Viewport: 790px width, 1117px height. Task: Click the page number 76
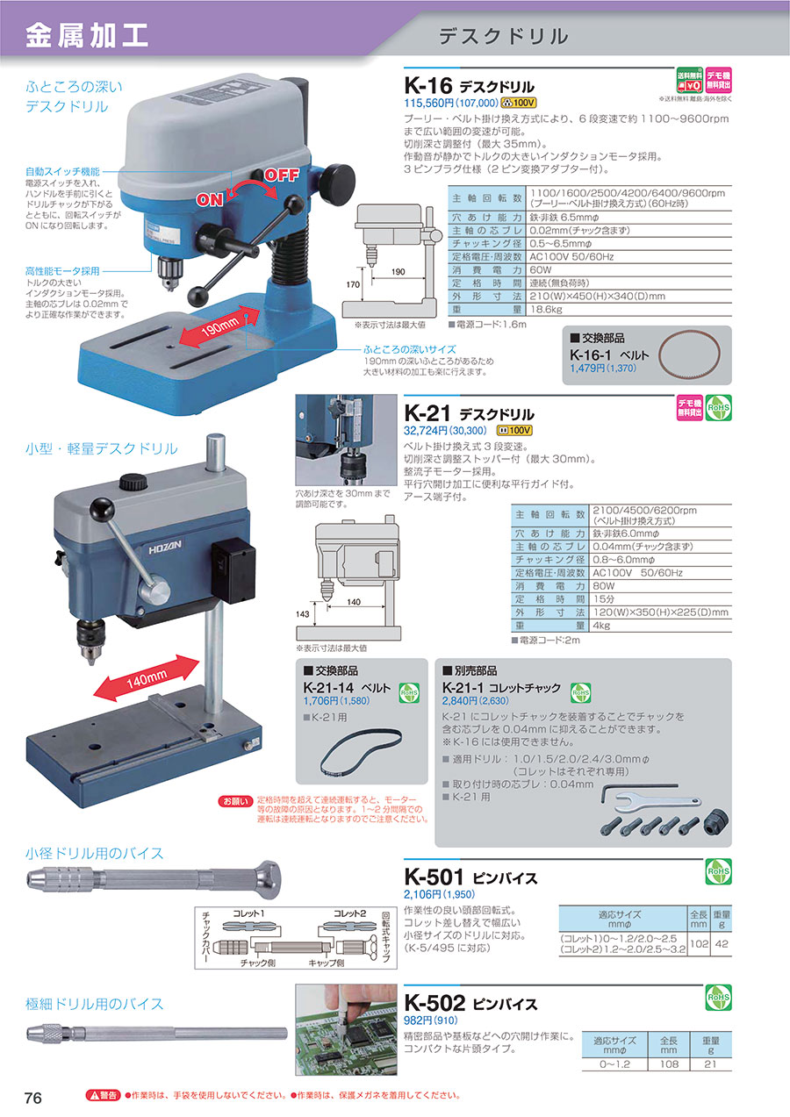[x=33, y=1099]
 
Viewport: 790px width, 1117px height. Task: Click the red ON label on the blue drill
[x=210, y=199]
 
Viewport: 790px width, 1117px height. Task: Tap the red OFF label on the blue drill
[x=282, y=174]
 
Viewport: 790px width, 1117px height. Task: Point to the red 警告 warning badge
[x=102, y=1096]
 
